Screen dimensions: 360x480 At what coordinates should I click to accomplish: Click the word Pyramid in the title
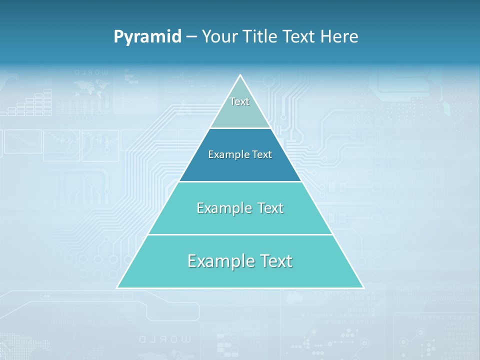[x=147, y=36]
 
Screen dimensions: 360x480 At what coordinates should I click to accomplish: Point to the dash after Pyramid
[x=191, y=37]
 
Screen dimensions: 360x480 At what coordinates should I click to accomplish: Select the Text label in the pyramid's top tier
[x=239, y=101]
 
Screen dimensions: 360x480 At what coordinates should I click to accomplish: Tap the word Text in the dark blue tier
[x=261, y=154]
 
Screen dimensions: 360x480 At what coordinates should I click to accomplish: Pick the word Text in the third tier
[x=270, y=208]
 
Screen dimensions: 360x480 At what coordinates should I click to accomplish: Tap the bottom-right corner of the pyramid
[x=363, y=287]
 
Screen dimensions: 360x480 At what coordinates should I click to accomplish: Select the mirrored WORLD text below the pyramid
[x=165, y=339]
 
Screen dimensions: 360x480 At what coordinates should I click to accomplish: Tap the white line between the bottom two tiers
[x=240, y=234]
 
